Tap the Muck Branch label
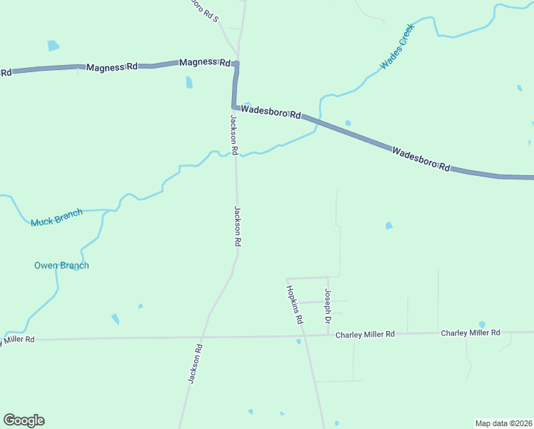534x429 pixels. pos(56,217)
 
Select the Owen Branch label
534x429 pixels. pos(61,265)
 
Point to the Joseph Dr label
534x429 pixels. pos(328,306)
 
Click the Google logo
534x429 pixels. pos(24,420)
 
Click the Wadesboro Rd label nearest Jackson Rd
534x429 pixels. pos(271,112)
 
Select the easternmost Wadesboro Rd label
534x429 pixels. pos(421,159)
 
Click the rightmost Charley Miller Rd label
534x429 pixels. pos(470,333)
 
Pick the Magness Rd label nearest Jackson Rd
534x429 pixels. pos(205,63)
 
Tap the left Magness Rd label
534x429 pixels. pos(112,67)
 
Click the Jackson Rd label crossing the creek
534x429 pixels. pos(233,134)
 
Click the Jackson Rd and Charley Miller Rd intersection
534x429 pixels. pos(204,337)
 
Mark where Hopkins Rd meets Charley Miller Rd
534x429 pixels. pos(303,335)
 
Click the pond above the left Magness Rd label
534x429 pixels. pos(54,46)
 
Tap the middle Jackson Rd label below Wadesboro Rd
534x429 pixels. pos(237,227)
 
